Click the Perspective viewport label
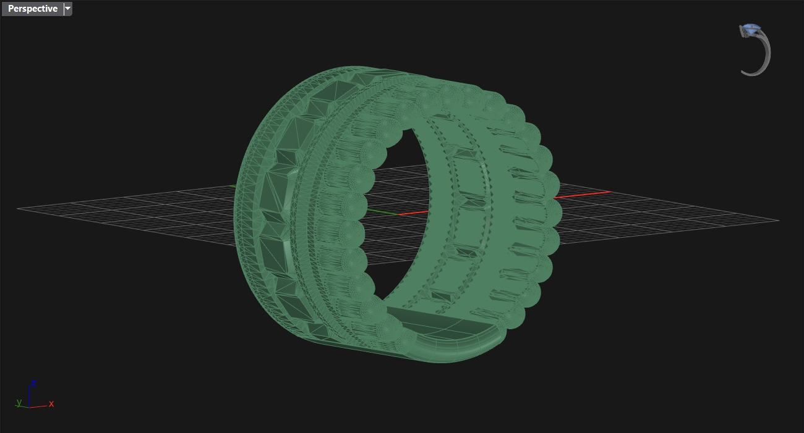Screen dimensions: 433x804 32,9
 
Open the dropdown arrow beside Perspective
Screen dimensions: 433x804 68,9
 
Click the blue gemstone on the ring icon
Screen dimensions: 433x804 751,29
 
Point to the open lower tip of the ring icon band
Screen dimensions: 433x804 744,72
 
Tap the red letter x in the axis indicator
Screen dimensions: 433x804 51,404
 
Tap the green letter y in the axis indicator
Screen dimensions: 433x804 19,402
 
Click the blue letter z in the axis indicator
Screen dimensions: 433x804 33,384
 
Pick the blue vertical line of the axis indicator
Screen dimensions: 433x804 29,395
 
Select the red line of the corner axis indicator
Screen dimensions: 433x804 38,406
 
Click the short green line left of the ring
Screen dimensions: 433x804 233,185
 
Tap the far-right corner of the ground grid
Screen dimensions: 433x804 778,220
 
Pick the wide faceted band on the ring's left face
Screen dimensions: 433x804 272,204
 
